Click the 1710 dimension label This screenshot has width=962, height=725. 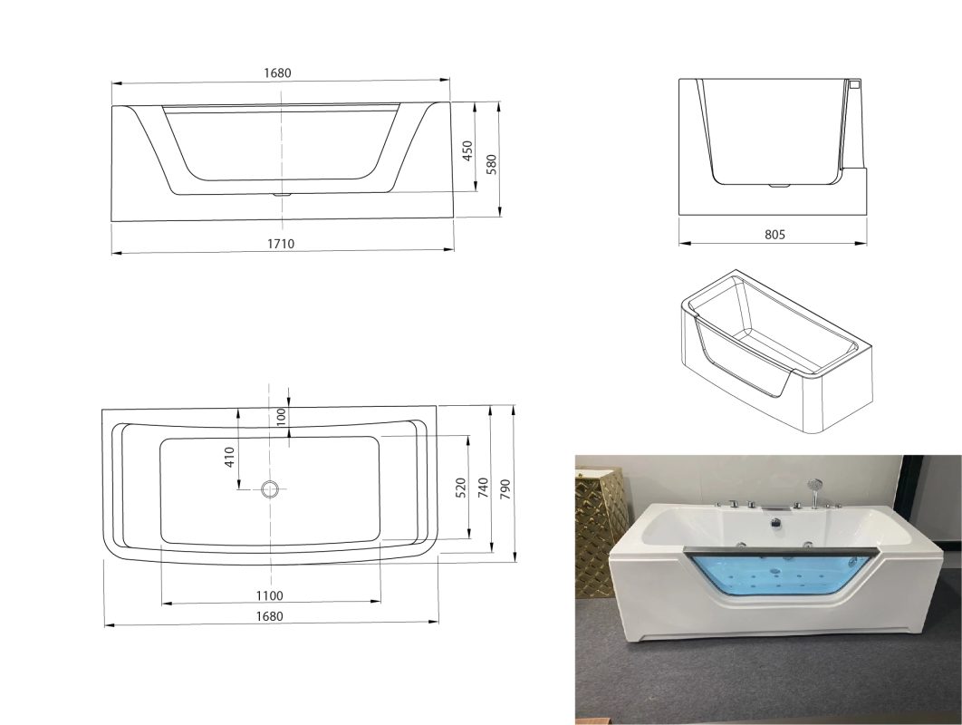tap(281, 244)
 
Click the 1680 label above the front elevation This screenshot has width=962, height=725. tap(277, 72)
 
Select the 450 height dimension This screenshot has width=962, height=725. tap(467, 151)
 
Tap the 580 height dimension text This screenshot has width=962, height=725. tap(491, 165)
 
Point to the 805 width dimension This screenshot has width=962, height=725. tap(774, 234)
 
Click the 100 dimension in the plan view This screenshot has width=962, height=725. tap(281, 416)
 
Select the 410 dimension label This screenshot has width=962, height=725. tap(229, 457)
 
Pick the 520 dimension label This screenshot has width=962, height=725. tap(461, 488)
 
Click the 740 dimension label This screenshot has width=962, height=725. tap(484, 488)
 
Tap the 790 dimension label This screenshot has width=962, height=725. tap(505, 489)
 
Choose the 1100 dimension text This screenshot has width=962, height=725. tap(269, 595)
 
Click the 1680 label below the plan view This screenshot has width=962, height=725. tap(269, 615)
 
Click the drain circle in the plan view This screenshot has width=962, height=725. tap(270, 489)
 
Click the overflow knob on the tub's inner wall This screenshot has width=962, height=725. tap(775, 523)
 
